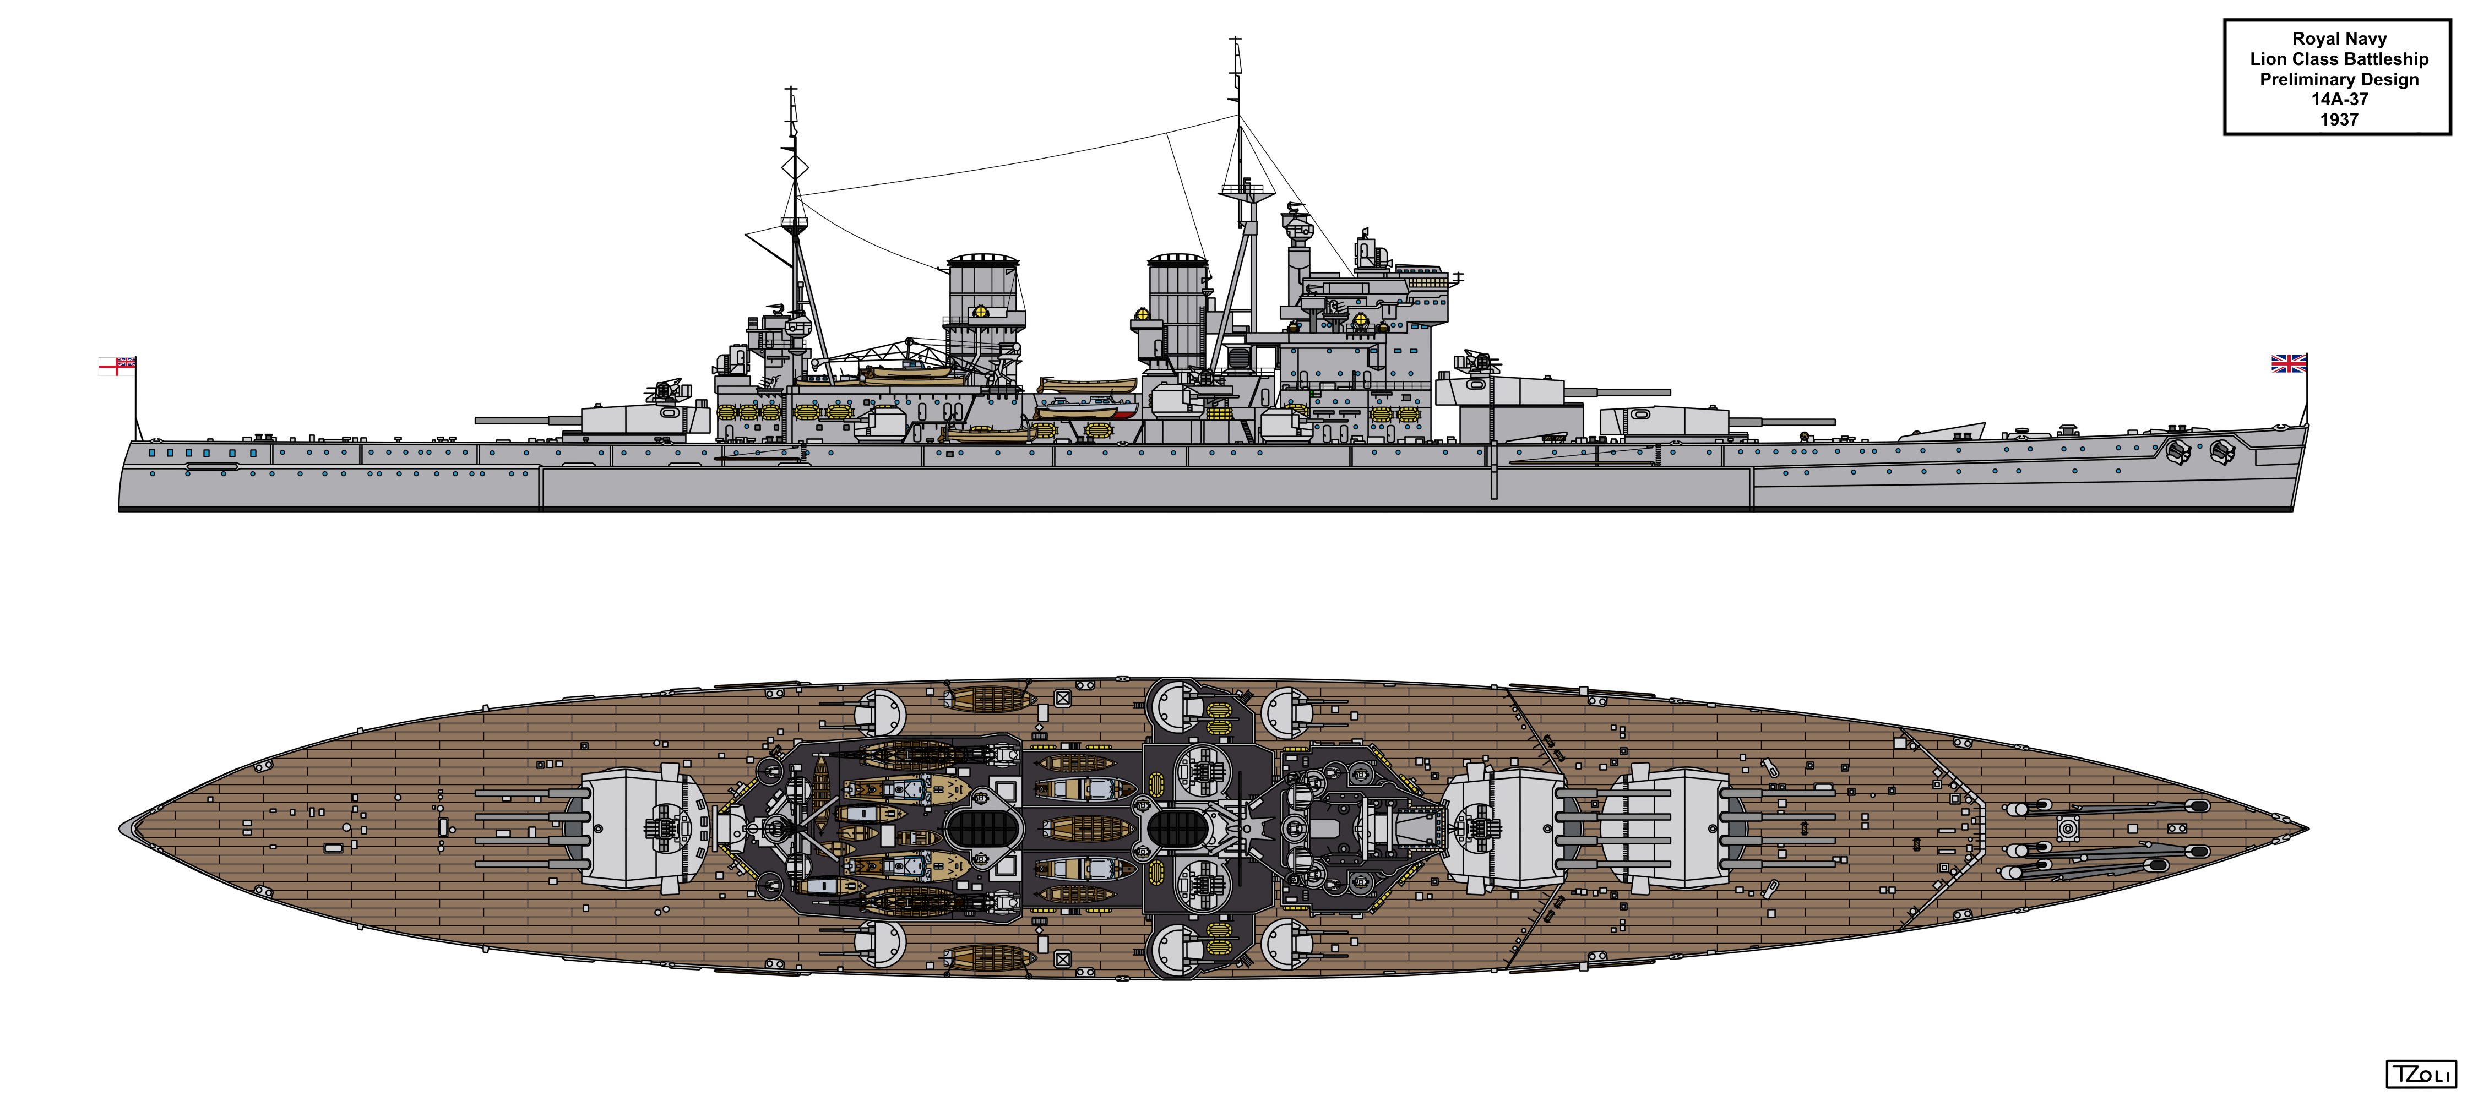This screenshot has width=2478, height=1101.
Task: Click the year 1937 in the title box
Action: (2339, 119)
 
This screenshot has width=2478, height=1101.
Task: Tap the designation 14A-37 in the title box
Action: (2339, 99)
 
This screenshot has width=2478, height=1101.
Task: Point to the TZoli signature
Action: (2420, 1074)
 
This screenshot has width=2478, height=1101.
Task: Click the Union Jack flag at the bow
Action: (2289, 363)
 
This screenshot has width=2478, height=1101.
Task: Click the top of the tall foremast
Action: (1236, 40)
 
